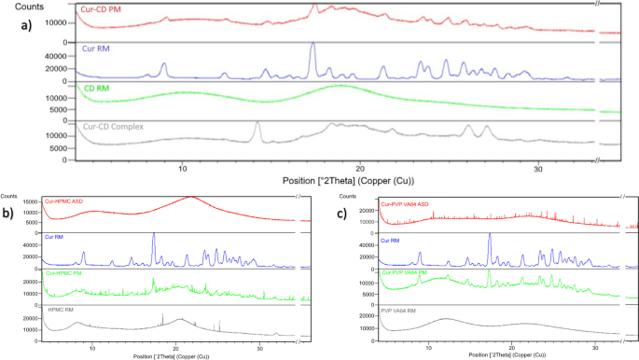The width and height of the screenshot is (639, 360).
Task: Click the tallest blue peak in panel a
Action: pos(313,45)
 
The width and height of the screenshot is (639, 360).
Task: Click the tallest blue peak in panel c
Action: pos(489,235)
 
